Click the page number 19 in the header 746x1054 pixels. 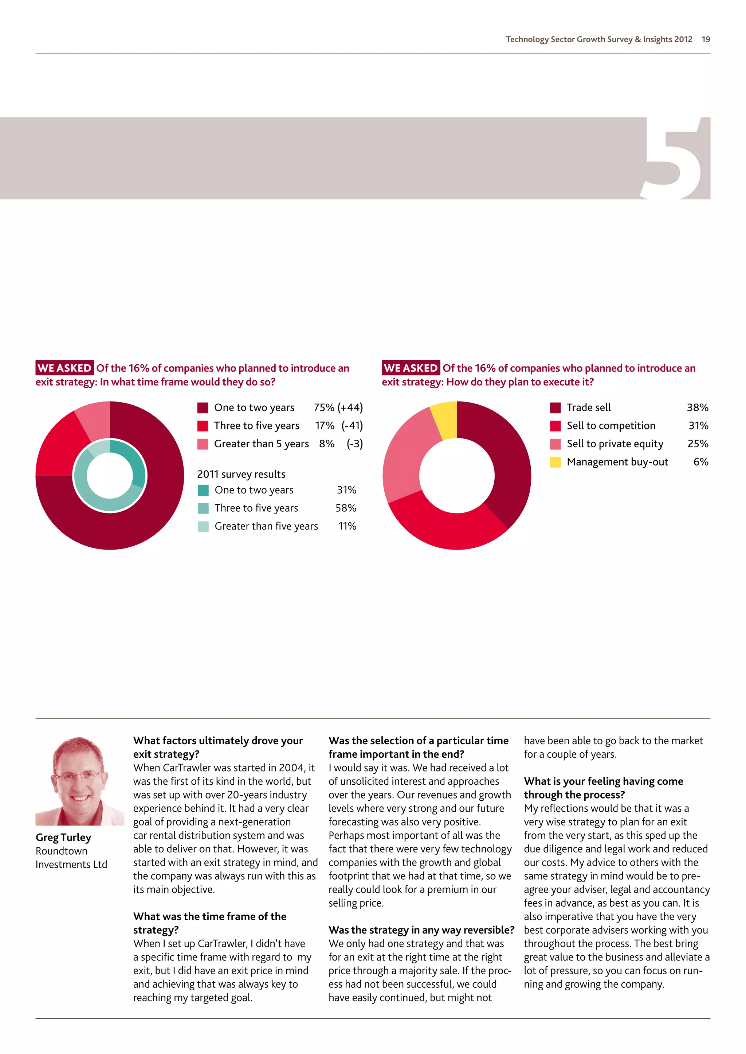point(706,39)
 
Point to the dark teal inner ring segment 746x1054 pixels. point(135,464)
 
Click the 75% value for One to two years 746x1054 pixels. point(324,408)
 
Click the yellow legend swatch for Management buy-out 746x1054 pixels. point(555,462)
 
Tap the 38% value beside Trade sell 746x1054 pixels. point(697,408)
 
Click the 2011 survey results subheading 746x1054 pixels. point(241,474)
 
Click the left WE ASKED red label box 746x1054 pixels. point(65,368)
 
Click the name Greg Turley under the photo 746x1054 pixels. point(63,837)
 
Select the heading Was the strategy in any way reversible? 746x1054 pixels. point(421,930)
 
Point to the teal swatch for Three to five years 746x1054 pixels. point(203,508)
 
